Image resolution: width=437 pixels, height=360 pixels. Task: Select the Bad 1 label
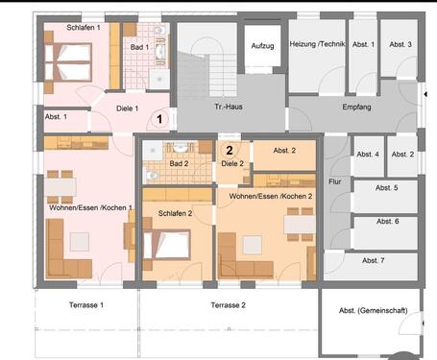point(138,46)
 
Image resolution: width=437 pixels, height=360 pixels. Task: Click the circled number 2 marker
point(229,149)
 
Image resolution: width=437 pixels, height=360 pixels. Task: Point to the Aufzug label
point(262,46)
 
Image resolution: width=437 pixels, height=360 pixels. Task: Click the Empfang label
point(355,107)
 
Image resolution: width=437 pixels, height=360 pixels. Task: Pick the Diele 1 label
point(129,108)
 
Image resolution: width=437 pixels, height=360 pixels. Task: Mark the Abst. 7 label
point(376,260)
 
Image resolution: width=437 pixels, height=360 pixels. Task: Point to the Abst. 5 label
point(387,187)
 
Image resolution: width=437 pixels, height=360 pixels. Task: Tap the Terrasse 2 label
point(230,304)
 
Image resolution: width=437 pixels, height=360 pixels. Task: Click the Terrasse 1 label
point(85,304)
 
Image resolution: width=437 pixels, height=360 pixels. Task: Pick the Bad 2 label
point(180,164)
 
